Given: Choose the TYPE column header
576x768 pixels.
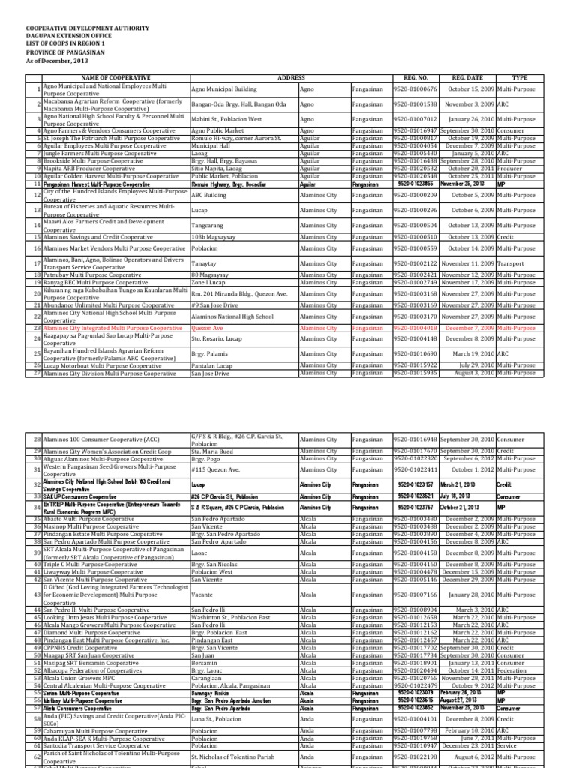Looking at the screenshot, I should tap(519, 77).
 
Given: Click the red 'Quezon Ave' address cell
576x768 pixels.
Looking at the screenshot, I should tap(208, 328).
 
